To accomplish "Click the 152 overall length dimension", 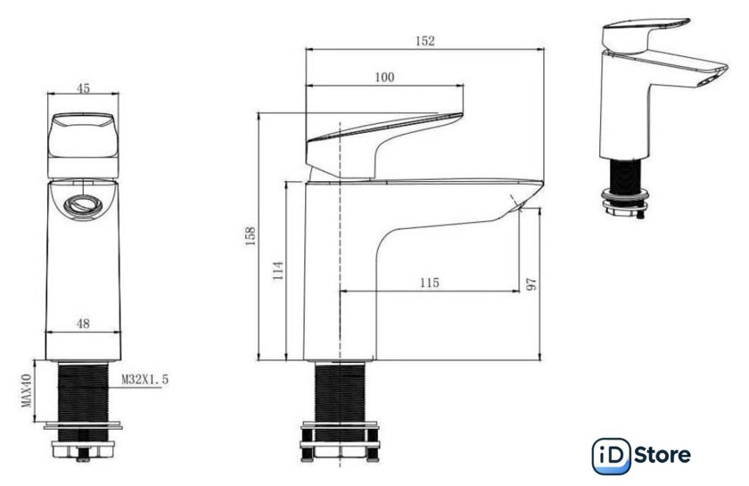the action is click(424, 41).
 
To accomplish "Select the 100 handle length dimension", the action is click(384, 77).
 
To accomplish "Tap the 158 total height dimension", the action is click(251, 236).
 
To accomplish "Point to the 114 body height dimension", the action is click(278, 270).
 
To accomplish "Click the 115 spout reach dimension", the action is click(430, 283).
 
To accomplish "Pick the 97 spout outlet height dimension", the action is click(531, 284).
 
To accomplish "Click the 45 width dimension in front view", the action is click(83, 88).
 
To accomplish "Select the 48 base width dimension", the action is click(83, 324).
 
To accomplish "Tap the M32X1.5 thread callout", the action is click(144, 380).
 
